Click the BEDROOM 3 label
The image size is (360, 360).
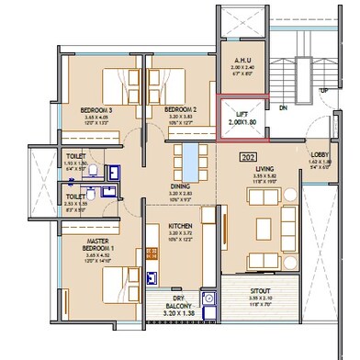[x=96, y=108]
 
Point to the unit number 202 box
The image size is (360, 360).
[x=245, y=156]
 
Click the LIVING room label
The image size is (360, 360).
[x=265, y=168]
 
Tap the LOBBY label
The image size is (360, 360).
[x=319, y=154]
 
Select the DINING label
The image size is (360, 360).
[x=180, y=186]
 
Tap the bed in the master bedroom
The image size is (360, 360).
[x=118, y=287]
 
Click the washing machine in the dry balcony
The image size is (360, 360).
[x=208, y=298]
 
